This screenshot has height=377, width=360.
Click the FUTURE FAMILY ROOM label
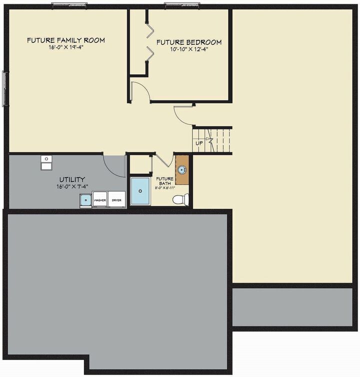click(x=66, y=40)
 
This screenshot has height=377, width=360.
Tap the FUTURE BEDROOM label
click(x=189, y=42)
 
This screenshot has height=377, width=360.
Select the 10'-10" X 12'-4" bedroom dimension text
click(x=189, y=49)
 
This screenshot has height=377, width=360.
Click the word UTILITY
click(x=72, y=179)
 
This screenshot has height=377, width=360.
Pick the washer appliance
click(x=100, y=199)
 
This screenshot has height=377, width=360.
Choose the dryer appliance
click(x=116, y=199)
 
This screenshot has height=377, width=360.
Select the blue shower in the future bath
click(x=140, y=190)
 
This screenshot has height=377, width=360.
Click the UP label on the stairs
click(x=199, y=142)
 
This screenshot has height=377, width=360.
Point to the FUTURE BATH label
click(x=164, y=181)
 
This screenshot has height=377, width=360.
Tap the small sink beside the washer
click(x=85, y=200)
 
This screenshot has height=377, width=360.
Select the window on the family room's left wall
click(x=5, y=88)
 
